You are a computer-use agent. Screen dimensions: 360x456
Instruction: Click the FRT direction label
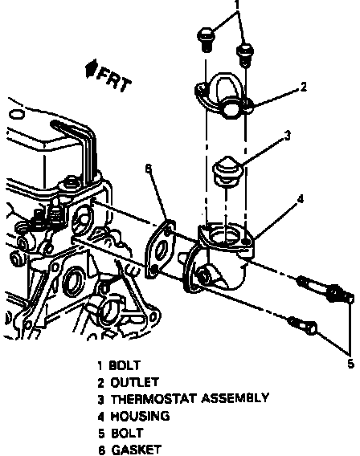[114, 79]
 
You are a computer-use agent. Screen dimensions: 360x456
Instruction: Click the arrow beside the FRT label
[91, 69]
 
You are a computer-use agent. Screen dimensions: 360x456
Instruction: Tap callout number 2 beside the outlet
[303, 87]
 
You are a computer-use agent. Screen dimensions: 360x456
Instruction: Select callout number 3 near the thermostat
[287, 136]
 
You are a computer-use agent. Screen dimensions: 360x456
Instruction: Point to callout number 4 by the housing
[300, 199]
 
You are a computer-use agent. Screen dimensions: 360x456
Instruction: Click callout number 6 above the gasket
[149, 169]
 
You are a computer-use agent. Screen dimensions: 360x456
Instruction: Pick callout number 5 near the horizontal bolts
[350, 364]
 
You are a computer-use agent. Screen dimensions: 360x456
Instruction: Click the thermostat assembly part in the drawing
[227, 171]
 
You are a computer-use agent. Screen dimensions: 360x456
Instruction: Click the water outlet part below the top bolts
[224, 96]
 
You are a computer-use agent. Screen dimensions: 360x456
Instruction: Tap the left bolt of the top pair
[207, 39]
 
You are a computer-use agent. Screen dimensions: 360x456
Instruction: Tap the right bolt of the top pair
[245, 55]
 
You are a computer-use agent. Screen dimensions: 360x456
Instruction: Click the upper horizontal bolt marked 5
[325, 290]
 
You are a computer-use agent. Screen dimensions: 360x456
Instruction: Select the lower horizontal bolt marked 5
[303, 326]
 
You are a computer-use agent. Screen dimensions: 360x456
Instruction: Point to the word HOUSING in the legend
[140, 417]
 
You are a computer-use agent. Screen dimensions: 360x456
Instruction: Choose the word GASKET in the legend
[136, 450]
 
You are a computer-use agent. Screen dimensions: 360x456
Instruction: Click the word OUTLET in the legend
[134, 382]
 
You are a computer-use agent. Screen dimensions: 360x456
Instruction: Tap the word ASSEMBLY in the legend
[235, 398]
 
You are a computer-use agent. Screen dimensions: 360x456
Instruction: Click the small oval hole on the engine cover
[16, 114]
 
